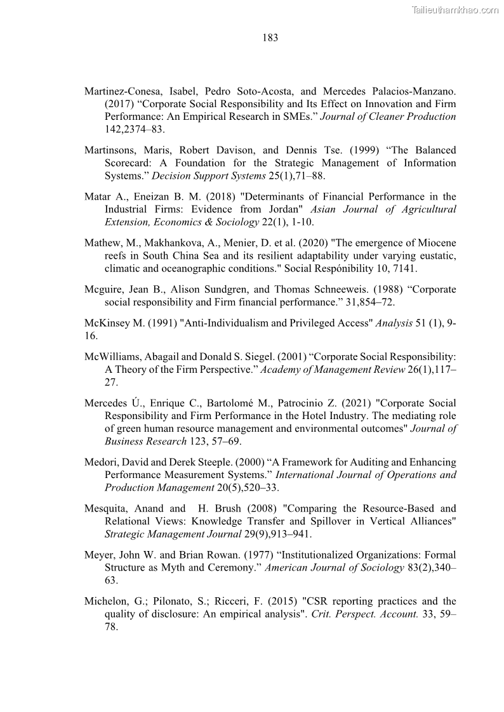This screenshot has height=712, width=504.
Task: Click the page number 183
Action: click(270, 37)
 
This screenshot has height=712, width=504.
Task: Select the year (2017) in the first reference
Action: click(119, 104)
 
